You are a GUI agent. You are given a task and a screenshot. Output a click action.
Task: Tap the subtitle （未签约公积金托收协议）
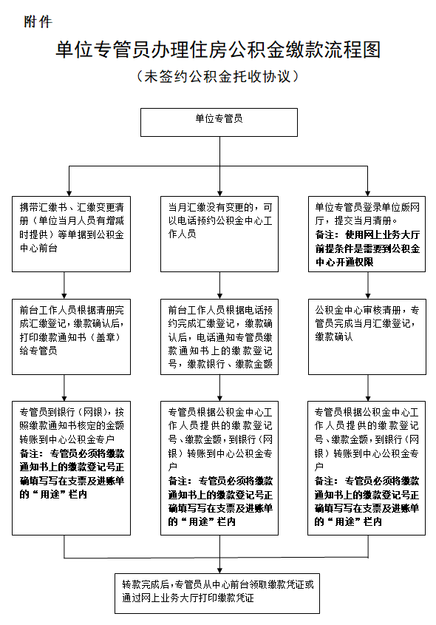click(x=218, y=76)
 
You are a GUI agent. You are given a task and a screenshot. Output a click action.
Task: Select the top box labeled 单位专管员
click(x=219, y=122)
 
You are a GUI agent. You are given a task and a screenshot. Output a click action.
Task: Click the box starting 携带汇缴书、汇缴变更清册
click(x=66, y=234)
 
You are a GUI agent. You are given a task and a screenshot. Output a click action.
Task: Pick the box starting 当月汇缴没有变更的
click(x=219, y=234)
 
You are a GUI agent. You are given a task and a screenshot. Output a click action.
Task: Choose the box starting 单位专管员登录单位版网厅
click(x=367, y=234)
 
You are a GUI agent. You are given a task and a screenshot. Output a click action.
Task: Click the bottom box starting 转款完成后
click(x=219, y=591)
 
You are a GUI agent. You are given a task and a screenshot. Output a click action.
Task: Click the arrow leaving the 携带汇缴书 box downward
click(x=66, y=285)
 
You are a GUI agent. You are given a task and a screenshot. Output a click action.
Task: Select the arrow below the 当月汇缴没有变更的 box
click(x=219, y=285)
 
